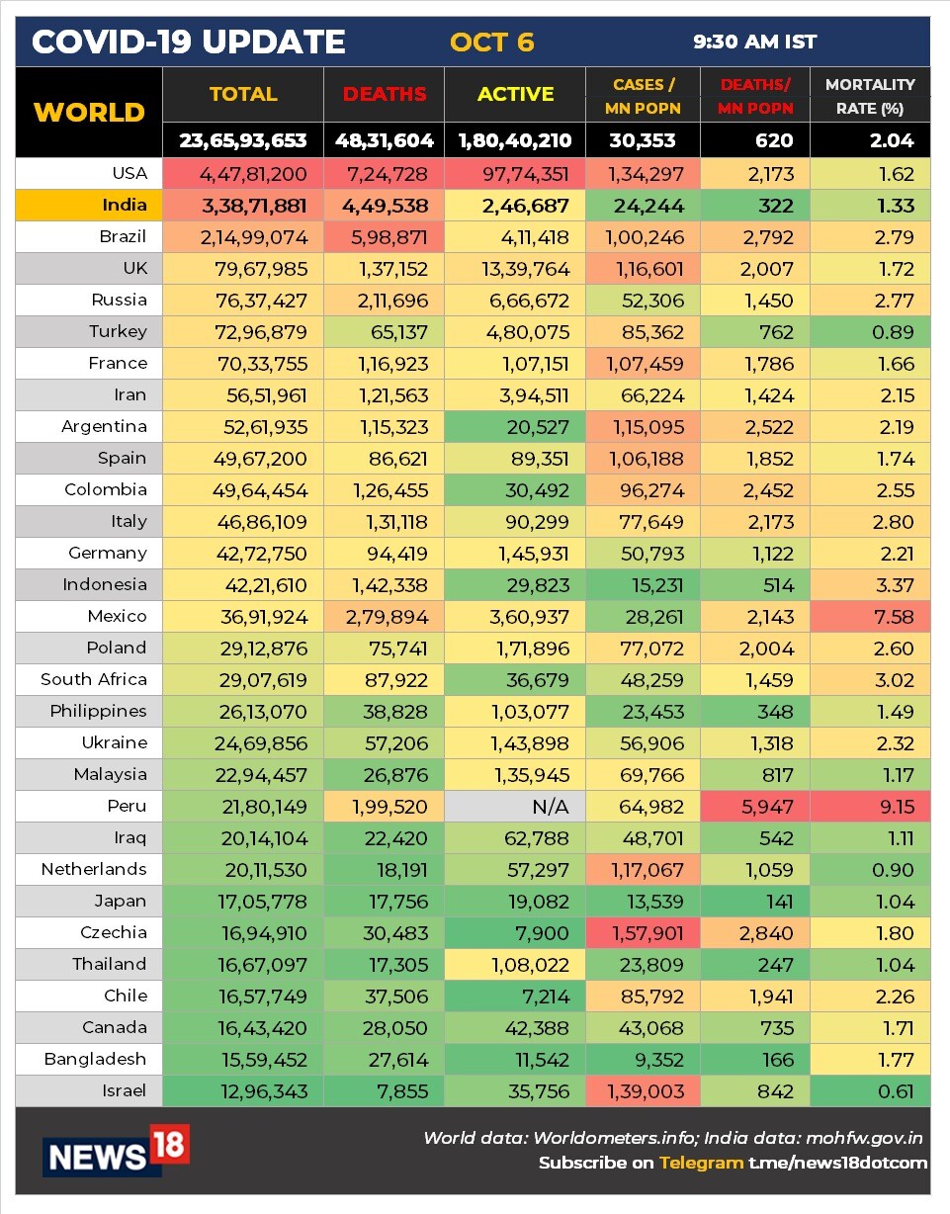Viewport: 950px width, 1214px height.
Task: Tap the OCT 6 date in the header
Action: [491, 43]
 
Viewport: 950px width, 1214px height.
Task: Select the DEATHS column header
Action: [385, 95]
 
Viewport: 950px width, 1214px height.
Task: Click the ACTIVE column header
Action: [515, 95]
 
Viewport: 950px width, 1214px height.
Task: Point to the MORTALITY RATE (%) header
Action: [870, 96]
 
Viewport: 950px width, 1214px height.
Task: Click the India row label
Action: [124, 206]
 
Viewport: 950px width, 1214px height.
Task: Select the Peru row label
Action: [127, 807]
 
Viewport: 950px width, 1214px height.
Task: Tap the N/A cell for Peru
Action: [551, 807]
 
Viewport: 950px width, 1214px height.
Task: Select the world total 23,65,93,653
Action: [243, 140]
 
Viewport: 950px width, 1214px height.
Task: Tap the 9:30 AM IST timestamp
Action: [754, 43]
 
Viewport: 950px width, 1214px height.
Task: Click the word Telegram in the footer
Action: [701, 1163]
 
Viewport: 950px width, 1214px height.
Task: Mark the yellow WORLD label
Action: [90, 112]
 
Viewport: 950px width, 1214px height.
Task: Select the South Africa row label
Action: [94, 680]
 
